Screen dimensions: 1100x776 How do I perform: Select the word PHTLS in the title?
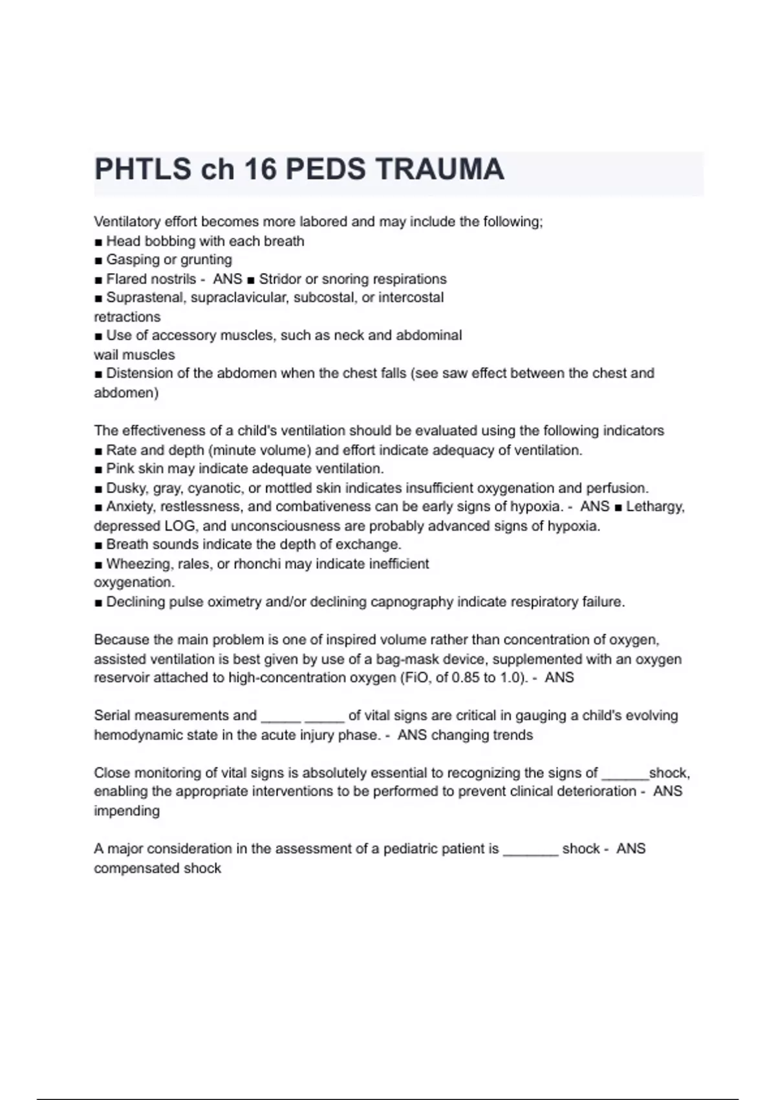pos(143,170)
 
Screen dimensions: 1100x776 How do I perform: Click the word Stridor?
pos(280,279)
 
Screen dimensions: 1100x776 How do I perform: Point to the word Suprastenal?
pos(146,298)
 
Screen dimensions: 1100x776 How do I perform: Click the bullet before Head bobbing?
pos(98,242)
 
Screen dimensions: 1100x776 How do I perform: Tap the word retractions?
pos(127,317)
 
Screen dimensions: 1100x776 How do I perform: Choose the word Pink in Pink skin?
pos(120,468)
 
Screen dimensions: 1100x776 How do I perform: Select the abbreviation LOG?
pos(180,526)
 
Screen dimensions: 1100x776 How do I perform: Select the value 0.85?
pos(465,678)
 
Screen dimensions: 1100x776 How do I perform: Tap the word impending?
pos(127,811)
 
